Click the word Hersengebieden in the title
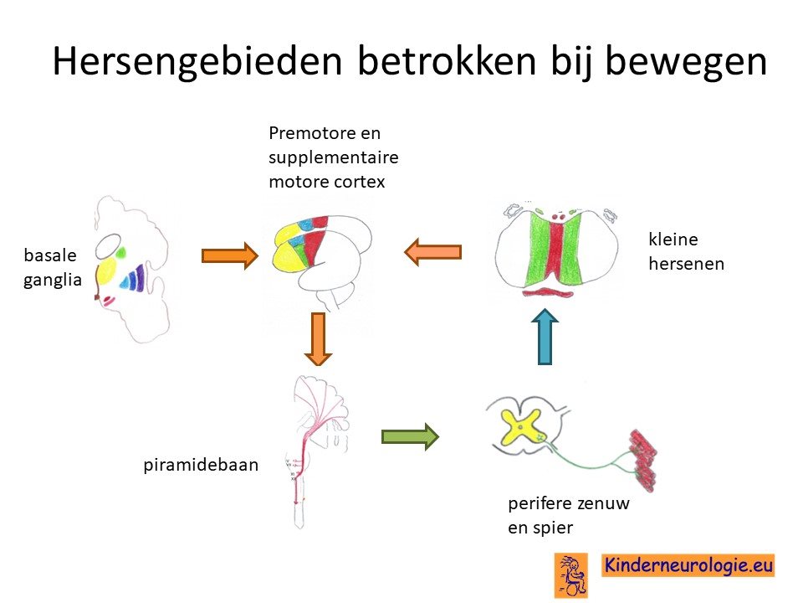coord(197,61)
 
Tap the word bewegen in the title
coord(686,62)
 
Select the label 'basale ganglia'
coord(52,267)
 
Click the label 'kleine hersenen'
coord(686,251)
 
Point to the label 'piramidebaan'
coord(201,465)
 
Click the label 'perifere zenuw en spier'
coord(569,515)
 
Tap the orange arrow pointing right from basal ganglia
coord(230,255)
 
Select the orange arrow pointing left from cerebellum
coord(432,252)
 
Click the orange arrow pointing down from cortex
coord(318,339)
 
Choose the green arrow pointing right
coord(410,437)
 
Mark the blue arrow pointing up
coord(545,337)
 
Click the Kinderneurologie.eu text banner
coord(688,565)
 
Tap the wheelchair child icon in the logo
coord(570,575)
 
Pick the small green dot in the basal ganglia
coord(120,252)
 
